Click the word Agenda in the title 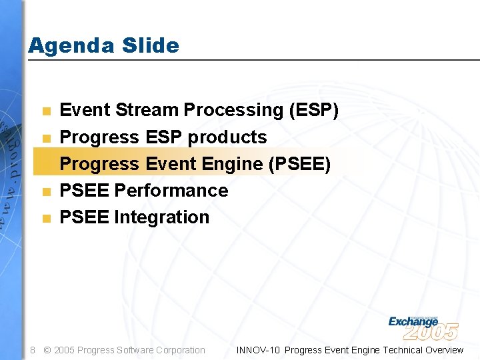click(63, 46)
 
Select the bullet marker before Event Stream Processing click(45, 111)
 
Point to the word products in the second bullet click(227, 137)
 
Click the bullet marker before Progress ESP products click(45, 138)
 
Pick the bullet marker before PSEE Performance click(45, 191)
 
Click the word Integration click(161, 217)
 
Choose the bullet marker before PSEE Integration click(45, 218)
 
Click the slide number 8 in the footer click(33, 350)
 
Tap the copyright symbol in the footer click(47, 350)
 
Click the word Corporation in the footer click(180, 350)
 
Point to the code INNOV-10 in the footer click(259, 350)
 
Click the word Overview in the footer click(442, 350)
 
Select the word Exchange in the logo click(413, 321)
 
